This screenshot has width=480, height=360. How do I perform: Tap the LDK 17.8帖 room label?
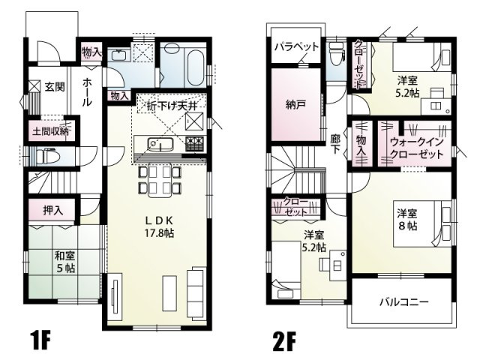pyautogui.click(x=160, y=226)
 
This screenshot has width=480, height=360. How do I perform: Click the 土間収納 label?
pyautogui.click(x=49, y=131)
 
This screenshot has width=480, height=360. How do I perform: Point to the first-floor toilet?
pyautogui.click(x=51, y=157)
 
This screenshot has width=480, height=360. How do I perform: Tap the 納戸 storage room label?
pyautogui.click(x=295, y=105)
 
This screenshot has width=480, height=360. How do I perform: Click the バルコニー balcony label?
pyautogui.click(x=403, y=302)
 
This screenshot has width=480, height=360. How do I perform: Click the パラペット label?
pyautogui.click(x=296, y=46)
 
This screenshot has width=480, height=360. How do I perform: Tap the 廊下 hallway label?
pyautogui.click(x=335, y=145)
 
